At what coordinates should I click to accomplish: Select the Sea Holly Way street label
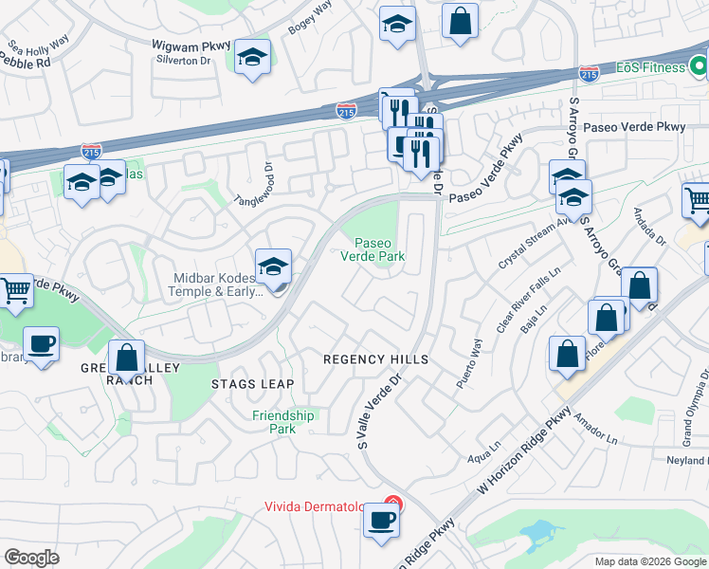[39, 45]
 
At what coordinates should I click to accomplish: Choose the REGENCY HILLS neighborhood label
[376, 359]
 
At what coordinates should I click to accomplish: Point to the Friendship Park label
[283, 422]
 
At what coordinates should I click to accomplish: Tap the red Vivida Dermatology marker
[394, 505]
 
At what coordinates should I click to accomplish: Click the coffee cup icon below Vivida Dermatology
[381, 520]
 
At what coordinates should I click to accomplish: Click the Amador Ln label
[599, 433]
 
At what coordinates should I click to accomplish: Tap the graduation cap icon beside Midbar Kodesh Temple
[273, 267]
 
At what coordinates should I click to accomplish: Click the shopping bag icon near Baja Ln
[567, 354]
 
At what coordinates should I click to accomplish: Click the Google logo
[31, 558]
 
